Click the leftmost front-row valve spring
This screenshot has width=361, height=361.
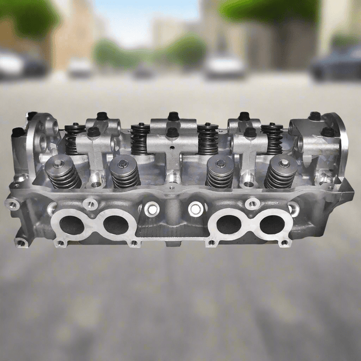click(63, 172)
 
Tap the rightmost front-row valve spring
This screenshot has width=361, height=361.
click(280, 172)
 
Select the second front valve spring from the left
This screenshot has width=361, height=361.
click(125, 172)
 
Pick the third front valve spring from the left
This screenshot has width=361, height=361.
click(220, 172)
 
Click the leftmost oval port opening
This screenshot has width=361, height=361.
click(72, 225)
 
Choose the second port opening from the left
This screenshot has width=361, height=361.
click(114, 224)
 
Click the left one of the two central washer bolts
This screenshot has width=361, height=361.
click(152, 209)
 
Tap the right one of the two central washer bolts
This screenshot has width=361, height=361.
click(194, 209)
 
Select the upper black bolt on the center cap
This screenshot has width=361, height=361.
click(173, 116)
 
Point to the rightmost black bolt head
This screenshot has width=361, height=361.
click(328, 131)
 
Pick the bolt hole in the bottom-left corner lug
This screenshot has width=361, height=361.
click(22, 242)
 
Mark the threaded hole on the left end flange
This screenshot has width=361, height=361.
click(11, 204)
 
